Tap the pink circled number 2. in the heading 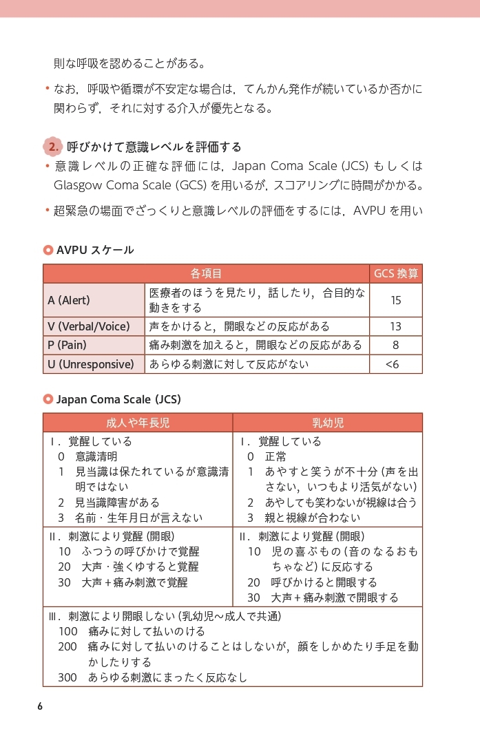point(53,147)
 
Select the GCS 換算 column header point(395,273)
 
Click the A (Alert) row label point(69,300)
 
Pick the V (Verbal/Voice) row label point(88,326)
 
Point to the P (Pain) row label point(67,345)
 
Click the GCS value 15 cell point(395,300)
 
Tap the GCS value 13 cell point(395,326)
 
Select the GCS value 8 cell point(395,345)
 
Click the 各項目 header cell point(206,273)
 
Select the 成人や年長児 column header point(137,423)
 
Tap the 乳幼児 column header point(327,423)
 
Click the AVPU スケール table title point(95,250)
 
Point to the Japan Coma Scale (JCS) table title point(118,399)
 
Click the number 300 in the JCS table point(67,677)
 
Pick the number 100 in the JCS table point(67,631)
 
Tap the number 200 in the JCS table point(67,646)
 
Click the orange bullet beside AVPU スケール point(48,250)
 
